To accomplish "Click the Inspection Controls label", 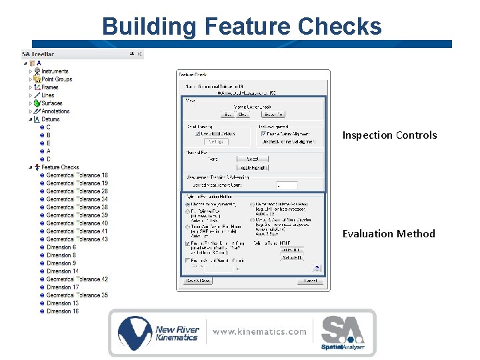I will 389,135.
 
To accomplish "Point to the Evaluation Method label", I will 389,234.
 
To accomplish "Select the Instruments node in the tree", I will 55,71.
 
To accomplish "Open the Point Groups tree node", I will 57,79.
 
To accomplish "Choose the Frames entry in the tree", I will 49,87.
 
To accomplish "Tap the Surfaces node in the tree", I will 51,103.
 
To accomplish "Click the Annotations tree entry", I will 55,111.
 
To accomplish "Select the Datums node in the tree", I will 50,119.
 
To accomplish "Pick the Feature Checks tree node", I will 60,167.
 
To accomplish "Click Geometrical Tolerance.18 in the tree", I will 77,175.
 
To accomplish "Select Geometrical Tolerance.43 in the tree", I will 77,239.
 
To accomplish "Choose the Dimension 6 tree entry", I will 61,247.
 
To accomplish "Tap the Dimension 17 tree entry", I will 63,287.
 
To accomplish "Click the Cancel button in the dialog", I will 310,281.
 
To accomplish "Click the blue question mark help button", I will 317,269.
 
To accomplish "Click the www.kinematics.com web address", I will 259,331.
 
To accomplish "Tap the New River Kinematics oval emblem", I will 135,332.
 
